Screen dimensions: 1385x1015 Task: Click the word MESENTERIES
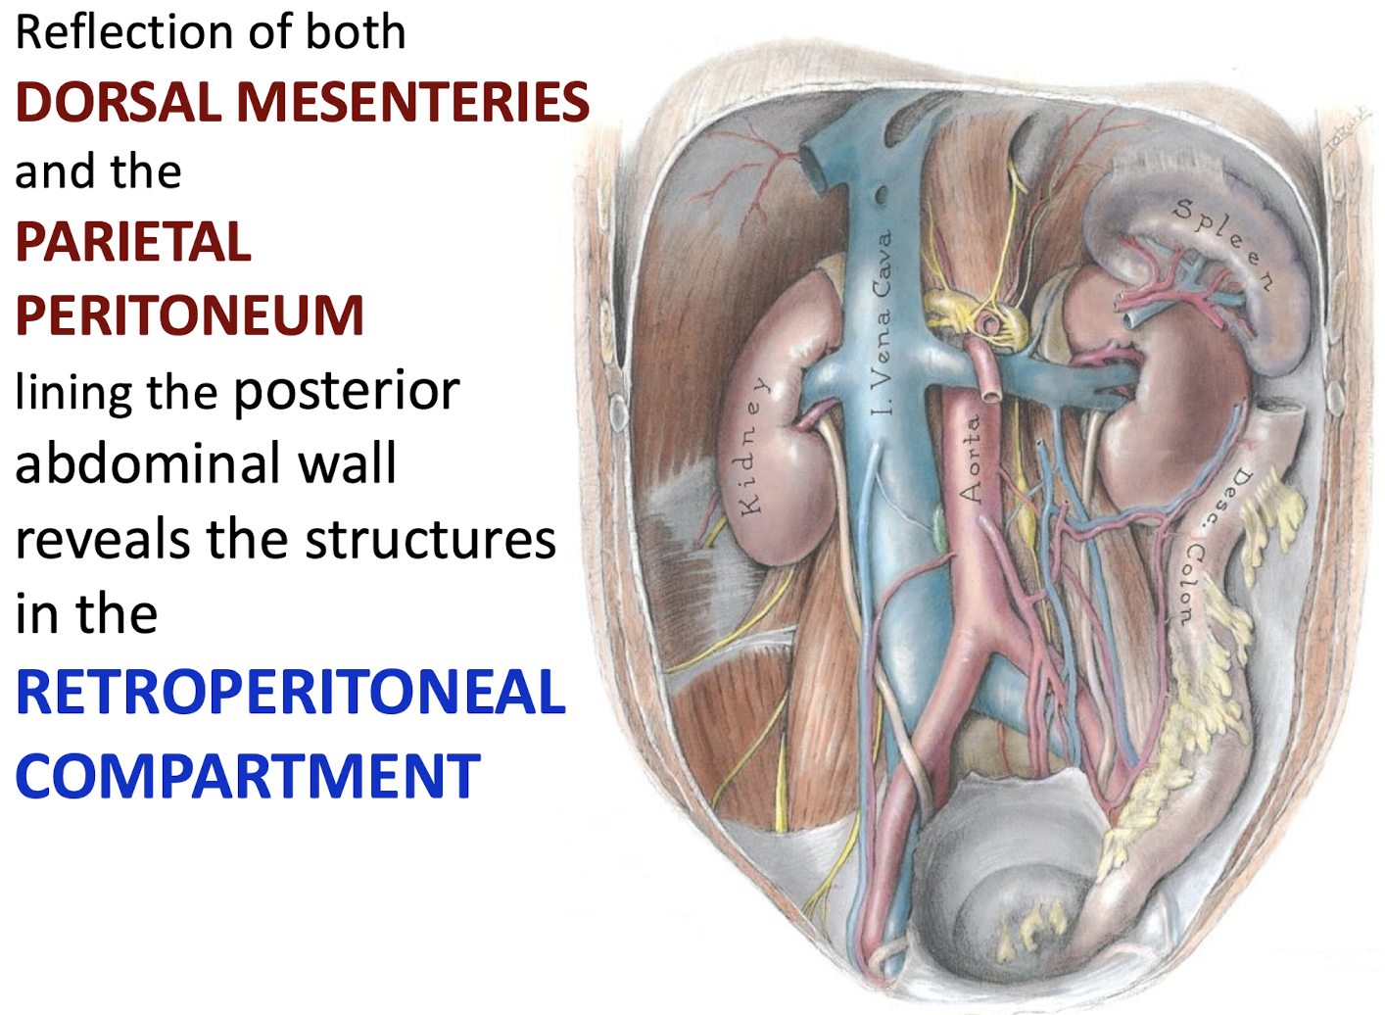pyautogui.click(x=413, y=102)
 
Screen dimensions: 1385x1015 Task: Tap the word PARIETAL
pyautogui.click(x=133, y=242)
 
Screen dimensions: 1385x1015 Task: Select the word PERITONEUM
pyautogui.click(x=189, y=315)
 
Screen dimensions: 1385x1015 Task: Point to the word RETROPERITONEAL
pyautogui.click(x=291, y=692)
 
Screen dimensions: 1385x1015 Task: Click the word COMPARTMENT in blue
pyautogui.click(x=248, y=776)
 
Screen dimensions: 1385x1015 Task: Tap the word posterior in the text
pyautogui.click(x=346, y=391)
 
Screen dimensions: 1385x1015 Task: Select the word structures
pyautogui.click(x=430, y=540)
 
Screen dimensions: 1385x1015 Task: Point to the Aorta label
pyautogui.click(x=970, y=459)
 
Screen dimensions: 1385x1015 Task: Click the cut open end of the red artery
pyautogui.click(x=990, y=393)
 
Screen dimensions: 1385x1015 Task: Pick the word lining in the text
pyautogui.click(x=73, y=393)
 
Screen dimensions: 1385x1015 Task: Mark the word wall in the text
pyautogui.click(x=348, y=463)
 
